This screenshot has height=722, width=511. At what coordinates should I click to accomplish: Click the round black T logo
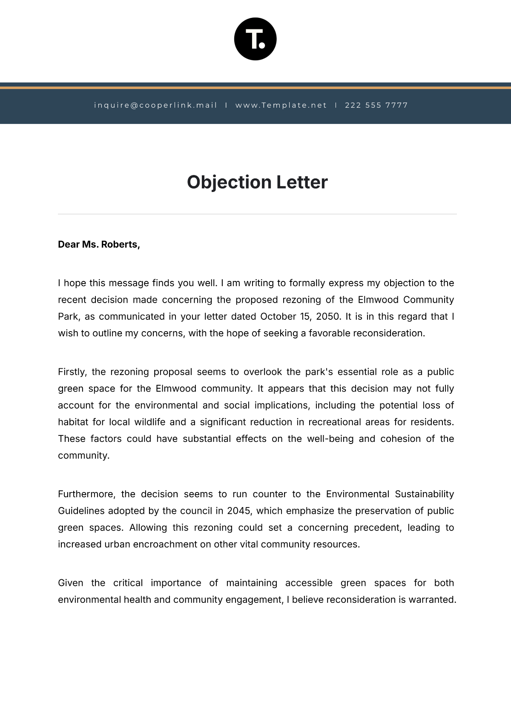click(255, 39)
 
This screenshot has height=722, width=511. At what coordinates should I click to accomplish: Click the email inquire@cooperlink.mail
click(155, 105)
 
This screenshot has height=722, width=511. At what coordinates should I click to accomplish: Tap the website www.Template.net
click(281, 105)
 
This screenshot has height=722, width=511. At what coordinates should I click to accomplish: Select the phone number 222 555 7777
click(376, 105)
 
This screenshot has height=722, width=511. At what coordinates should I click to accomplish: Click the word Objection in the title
click(229, 182)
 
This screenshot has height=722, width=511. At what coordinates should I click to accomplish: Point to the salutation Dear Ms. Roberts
click(99, 244)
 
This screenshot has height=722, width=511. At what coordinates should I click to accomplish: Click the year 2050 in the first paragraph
click(328, 316)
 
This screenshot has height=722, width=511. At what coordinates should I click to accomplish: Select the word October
click(277, 316)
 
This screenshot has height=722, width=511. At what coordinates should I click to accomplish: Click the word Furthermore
click(87, 494)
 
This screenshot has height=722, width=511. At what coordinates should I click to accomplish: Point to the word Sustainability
click(424, 494)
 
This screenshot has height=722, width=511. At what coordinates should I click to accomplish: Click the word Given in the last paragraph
click(71, 583)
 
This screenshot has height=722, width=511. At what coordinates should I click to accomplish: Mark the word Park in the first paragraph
click(68, 316)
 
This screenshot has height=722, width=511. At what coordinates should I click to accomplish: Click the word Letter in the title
click(302, 182)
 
